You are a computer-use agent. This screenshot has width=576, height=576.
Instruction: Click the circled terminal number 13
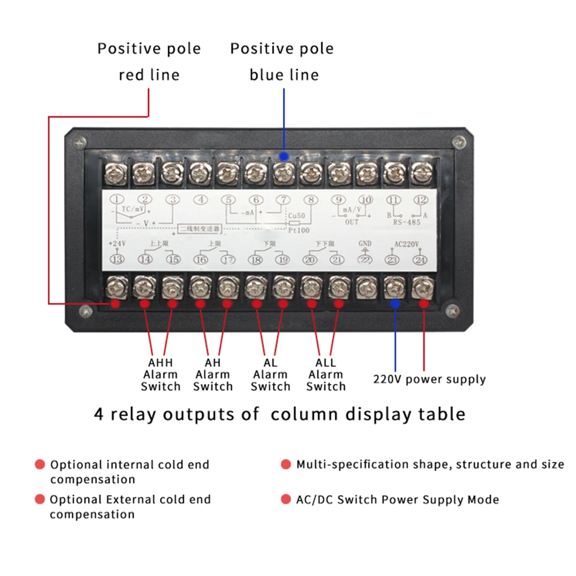coord(118,259)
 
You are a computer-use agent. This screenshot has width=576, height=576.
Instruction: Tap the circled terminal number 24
coord(421,260)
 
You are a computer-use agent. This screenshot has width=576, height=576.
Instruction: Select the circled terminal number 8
coord(310,200)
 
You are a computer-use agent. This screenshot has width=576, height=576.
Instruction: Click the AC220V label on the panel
coord(406,243)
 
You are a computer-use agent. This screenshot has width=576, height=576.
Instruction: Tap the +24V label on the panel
coord(117,244)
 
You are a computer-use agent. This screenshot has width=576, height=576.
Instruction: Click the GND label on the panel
coord(365,243)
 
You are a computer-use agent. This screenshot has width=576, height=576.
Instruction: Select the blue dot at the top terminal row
coord(283,156)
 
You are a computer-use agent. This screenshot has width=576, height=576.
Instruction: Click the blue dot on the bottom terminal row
coord(395,304)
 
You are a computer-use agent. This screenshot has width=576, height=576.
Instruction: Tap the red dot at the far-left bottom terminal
coord(116,304)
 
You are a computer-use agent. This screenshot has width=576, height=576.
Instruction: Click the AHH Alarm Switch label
coord(161,374)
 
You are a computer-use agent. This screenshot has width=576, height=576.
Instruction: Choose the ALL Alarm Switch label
coord(325,374)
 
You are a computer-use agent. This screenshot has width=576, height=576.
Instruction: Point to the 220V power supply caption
coord(429,380)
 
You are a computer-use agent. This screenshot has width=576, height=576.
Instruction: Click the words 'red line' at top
coord(149,75)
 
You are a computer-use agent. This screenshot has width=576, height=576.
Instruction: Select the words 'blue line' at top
coord(283,75)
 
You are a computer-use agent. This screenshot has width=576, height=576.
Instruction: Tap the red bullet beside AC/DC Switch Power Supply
coord(286,499)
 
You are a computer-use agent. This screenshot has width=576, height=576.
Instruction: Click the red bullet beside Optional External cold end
coord(40,499)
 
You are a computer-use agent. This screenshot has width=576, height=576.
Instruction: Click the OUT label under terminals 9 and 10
coord(352,222)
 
